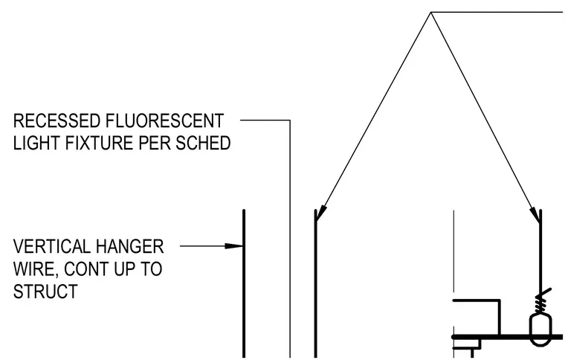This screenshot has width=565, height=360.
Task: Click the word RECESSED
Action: (x=56, y=120)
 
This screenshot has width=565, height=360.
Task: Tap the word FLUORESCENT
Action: (x=165, y=120)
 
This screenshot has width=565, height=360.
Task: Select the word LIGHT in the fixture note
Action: (x=36, y=143)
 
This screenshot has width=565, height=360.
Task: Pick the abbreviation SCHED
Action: (x=203, y=143)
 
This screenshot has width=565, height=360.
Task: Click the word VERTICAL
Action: (x=52, y=247)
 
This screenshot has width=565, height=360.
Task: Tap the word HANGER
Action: (x=129, y=247)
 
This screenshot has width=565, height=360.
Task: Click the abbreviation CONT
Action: (x=86, y=269)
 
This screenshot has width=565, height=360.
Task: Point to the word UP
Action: (x=125, y=269)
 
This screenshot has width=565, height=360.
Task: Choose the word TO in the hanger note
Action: (x=152, y=269)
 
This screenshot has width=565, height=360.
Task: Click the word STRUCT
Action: (x=45, y=292)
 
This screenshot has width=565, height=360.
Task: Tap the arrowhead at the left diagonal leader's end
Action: (x=320, y=213)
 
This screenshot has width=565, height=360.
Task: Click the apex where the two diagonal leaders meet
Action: (x=431, y=13)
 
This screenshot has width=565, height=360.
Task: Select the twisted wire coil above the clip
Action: (x=541, y=302)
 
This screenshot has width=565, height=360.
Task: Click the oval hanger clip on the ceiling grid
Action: (x=540, y=330)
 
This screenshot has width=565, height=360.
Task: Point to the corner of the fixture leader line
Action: (x=290, y=120)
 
